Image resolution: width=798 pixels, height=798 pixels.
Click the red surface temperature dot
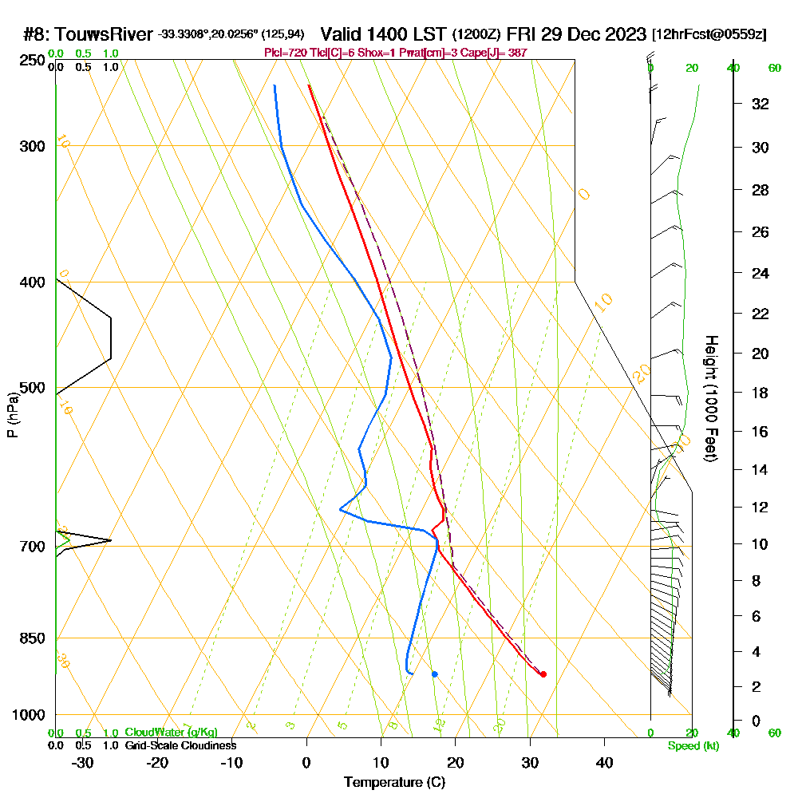tap(543, 674)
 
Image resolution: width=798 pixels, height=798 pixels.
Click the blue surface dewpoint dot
tap(435, 674)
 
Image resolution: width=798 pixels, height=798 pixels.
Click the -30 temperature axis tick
tap(83, 763)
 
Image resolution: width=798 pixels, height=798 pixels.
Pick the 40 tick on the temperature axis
tap(604, 763)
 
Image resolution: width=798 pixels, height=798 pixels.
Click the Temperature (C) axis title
tap(394, 783)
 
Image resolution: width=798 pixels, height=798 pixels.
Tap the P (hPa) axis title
tap(12, 415)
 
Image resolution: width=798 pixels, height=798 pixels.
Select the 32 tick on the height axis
tap(760, 104)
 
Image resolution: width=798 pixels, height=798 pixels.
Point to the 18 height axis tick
tap(760, 393)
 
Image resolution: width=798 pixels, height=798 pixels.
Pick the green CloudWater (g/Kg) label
tap(171, 733)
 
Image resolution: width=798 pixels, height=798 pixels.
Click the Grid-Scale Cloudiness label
tap(180, 745)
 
